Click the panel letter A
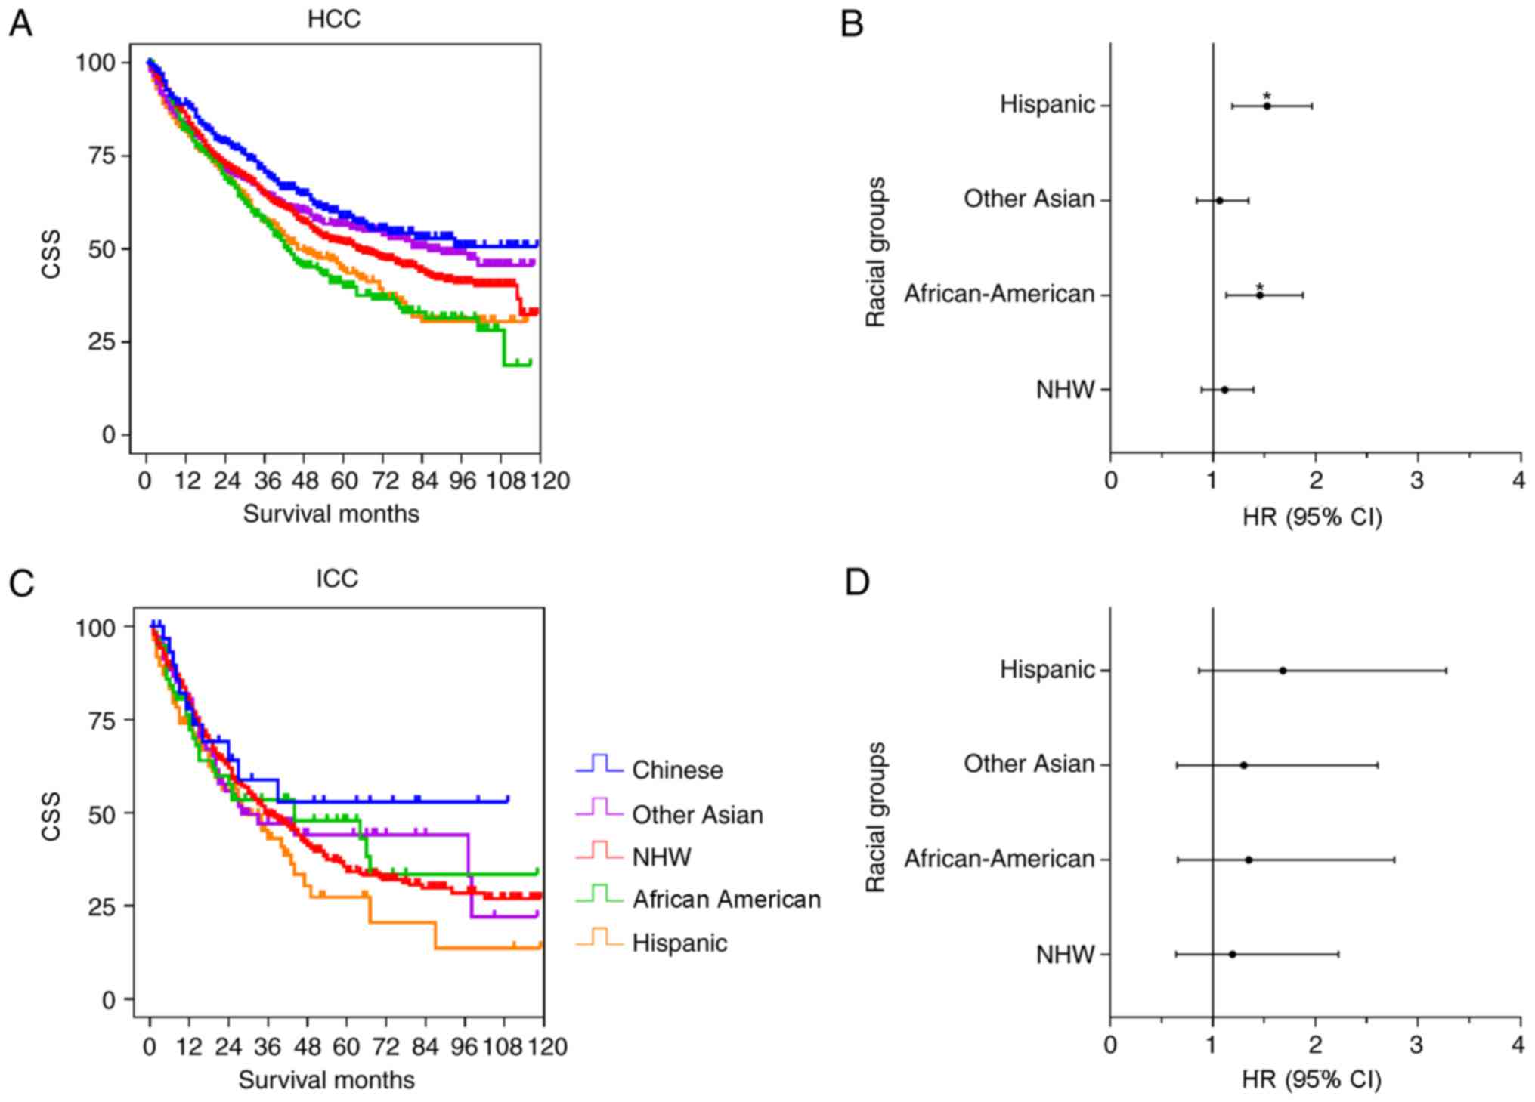point(20,24)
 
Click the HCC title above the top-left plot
point(333,20)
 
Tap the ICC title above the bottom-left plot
point(336,579)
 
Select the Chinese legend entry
point(676,770)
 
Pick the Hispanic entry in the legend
point(679,943)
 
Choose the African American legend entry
point(726,899)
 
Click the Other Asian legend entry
point(697,814)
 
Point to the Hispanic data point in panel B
point(1267,106)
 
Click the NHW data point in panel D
point(1232,954)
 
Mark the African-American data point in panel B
point(1260,295)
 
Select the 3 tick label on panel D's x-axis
point(1417,1045)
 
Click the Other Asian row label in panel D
point(1029,764)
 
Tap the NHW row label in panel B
point(1065,390)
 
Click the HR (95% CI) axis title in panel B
point(1312,517)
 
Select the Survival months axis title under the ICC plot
point(326,1079)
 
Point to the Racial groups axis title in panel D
point(875,816)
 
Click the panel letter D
point(856,583)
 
